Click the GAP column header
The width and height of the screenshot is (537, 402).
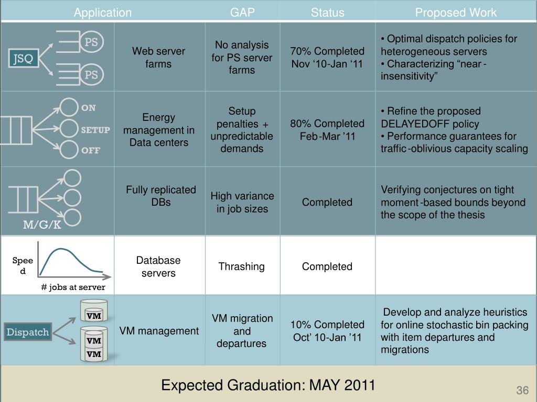coord(242,13)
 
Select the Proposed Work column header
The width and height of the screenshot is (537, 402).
coord(456,13)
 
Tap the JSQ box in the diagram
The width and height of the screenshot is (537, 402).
coord(23,58)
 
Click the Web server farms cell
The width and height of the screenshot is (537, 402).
coord(158,58)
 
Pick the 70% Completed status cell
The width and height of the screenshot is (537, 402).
coord(327,58)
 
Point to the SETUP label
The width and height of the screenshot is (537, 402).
coord(95,130)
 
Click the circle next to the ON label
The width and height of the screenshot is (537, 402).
coord(69,107)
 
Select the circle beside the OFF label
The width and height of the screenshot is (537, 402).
coord(69,150)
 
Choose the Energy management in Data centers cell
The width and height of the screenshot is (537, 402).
coord(158,130)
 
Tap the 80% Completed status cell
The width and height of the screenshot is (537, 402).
coord(327,130)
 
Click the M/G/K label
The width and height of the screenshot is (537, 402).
coord(42,225)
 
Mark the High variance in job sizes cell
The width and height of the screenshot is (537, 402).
coord(242,202)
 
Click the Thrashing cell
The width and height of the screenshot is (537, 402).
coord(242,266)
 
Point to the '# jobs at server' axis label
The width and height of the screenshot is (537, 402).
coord(73,287)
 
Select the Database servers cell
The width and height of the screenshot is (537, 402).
coord(158,266)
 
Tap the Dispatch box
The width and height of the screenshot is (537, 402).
coord(28,332)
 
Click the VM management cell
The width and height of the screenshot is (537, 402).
coord(159,331)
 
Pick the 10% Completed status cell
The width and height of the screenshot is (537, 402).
coord(327,331)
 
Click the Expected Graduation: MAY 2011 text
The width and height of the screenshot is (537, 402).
coord(268,385)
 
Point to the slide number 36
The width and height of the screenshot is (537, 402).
coord(522,390)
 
